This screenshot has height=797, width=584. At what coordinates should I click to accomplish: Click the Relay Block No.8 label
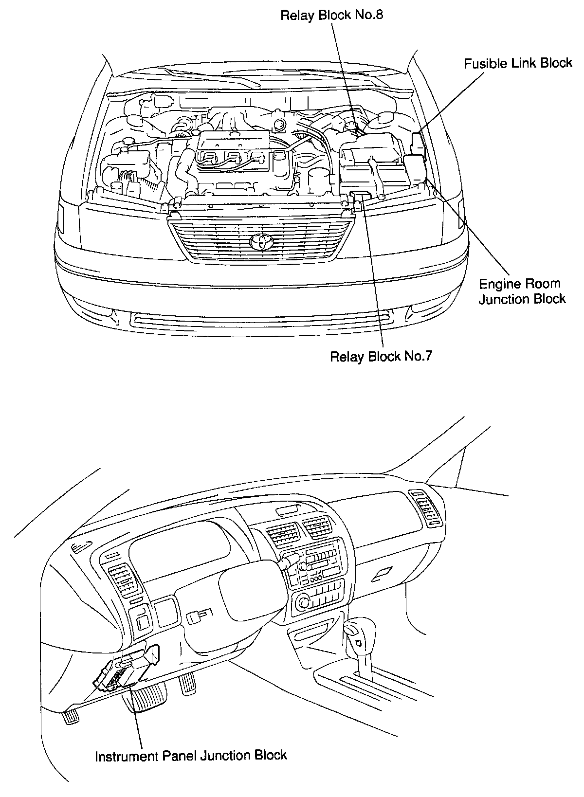pyautogui.click(x=332, y=15)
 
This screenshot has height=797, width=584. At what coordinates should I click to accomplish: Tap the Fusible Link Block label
pyautogui.click(x=518, y=63)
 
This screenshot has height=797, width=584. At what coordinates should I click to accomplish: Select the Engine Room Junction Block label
pyautogui.click(x=522, y=291)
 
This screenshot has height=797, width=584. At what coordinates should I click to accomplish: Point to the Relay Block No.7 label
pyautogui.click(x=381, y=357)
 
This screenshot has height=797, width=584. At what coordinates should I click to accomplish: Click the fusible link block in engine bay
pyautogui.click(x=418, y=141)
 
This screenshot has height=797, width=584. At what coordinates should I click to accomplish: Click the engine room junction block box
pyautogui.click(x=415, y=167)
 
